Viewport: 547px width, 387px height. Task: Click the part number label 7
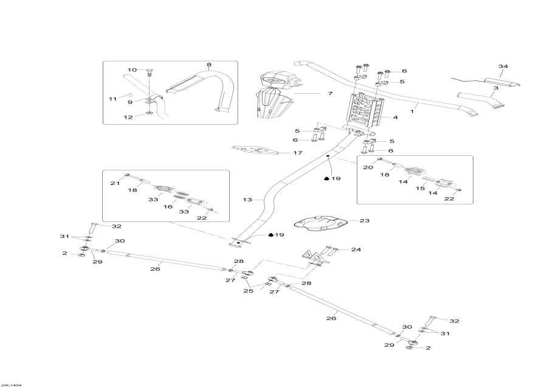(330, 94)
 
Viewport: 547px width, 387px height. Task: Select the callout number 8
(209, 64)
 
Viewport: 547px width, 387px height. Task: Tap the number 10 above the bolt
(132, 69)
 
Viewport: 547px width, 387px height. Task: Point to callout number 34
(502, 66)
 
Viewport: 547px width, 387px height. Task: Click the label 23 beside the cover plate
(364, 221)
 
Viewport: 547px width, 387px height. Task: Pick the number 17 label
(298, 153)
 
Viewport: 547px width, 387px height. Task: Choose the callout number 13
(247, 200)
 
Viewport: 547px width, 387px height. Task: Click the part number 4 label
(395, 117)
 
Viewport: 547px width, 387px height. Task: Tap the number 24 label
(356, 249)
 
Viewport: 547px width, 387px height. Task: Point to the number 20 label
(368, 167)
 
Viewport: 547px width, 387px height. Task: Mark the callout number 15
(419, 189)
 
